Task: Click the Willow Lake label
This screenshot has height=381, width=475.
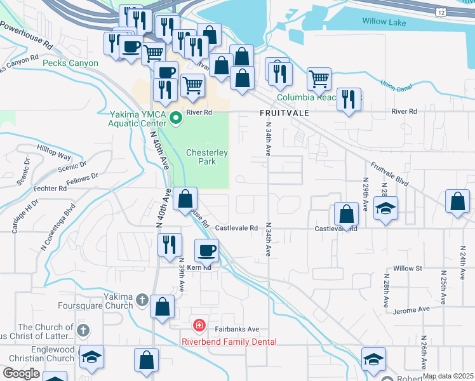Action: coord(384,22)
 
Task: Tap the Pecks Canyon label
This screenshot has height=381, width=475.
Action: coord(70,63)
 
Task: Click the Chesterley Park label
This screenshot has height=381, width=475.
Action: coord(206,157)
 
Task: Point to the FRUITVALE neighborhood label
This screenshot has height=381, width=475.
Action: coord(284,112)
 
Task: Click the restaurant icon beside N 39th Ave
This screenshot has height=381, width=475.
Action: coord(170,244)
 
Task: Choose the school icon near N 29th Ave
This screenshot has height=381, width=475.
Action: coord(385,208)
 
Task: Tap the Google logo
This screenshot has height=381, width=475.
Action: coord(21,373)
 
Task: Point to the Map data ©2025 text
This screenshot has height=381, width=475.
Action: coord(448,376)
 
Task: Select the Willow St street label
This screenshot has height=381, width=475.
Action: coord(408,269)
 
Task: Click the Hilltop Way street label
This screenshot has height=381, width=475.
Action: coord(54,155)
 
